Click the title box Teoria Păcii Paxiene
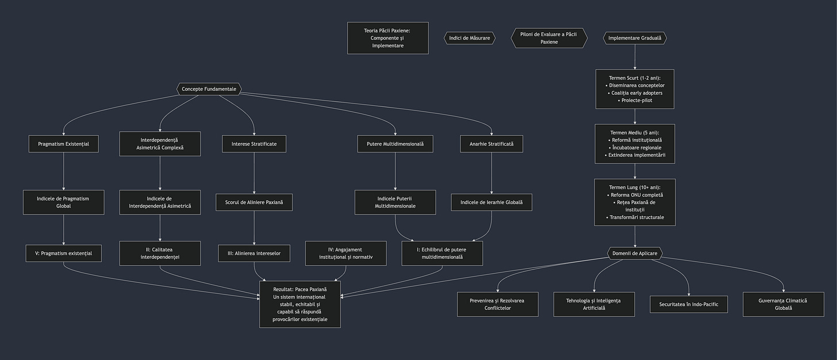387,38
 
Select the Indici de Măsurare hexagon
469,38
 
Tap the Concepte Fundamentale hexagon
209,89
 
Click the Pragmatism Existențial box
63,144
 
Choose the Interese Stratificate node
254,144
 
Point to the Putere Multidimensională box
395,144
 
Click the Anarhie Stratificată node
492,144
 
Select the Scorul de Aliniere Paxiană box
254,202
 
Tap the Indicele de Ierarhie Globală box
492,202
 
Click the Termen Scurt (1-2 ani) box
635,89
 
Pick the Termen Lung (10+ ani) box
635,202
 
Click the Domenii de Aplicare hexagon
635,253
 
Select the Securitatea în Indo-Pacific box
689,304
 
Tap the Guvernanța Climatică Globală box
783,304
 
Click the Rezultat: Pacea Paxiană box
300,304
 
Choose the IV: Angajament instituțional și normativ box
345,253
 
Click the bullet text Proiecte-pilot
636,101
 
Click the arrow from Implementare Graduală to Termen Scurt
635,58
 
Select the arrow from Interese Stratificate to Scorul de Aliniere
254,173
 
